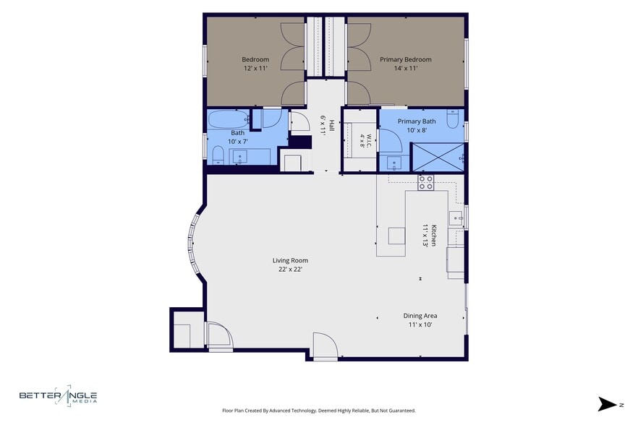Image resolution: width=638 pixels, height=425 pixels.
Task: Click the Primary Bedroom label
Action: [x=406, y=59]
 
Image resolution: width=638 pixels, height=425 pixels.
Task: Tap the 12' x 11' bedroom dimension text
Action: [x=255, y=69]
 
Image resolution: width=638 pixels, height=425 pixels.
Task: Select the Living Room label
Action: [x=290, y=260]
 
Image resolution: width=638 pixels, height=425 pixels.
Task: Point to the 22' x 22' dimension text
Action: [x=290, y=269]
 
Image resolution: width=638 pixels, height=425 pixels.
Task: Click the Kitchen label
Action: [x=434, y=235]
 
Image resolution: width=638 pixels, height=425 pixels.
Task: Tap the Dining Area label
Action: [x=420, y=316]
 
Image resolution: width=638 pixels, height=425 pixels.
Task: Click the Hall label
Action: [x=331, y=124]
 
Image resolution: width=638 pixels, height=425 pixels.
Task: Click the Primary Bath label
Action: [x=417, y=121]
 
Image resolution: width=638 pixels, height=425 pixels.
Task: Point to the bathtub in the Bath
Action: [x=229, y=119]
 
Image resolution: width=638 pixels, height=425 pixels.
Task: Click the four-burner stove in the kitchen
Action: [x=426, y=183]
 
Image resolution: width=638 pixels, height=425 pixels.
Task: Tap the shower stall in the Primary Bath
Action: [x=438, y=157]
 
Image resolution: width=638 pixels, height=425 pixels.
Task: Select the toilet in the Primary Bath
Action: [x=453, y=119]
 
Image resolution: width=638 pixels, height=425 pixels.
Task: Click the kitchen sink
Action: [x=456, y=218]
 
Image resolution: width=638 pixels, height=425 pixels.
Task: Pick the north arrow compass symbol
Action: [x=608, y=404]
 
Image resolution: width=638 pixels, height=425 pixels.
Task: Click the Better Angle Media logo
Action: [x=58, y=395]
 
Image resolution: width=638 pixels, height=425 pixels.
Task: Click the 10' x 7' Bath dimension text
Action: [x=237, y=142]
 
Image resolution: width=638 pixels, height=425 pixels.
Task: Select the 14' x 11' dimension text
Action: [x=406, y=69]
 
